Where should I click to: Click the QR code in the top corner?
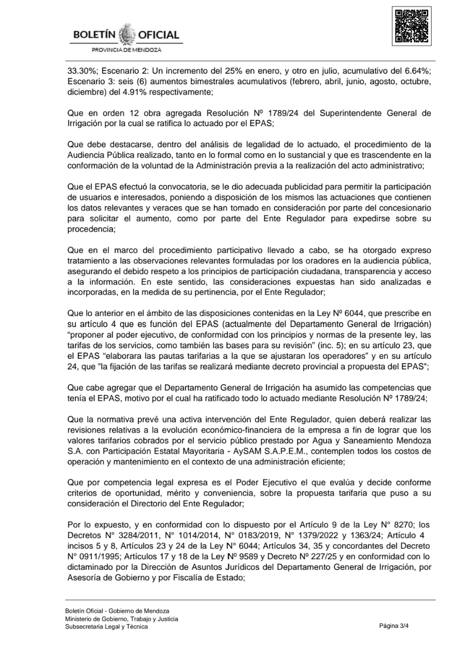pos(412,25)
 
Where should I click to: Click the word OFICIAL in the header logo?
pos(158,35)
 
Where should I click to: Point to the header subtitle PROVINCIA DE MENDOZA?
pos(126,50)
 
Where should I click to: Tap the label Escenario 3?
pos(87,82)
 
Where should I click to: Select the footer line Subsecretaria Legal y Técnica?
pos(107,626)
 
